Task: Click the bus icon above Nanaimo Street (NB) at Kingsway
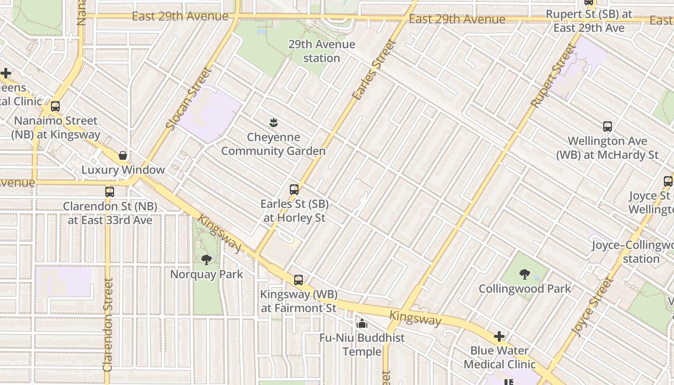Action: pos(55,106)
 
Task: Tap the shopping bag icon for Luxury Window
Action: pos(123,155)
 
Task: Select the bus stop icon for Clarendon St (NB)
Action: pos(110,192)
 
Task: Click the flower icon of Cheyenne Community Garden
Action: pos(273,123)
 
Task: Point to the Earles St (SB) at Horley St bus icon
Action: pos(294,190)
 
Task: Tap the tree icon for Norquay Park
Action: pos(207,260)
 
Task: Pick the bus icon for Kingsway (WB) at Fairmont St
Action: pos(298,280)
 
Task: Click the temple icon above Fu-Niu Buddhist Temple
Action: pos(362,324)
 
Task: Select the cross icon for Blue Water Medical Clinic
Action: pos(499,336)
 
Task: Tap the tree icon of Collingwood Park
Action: pos(525,274)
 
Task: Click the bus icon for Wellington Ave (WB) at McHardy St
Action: pos(608,127)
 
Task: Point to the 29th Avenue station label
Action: pos(322,51)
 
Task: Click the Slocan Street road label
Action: pos(189,98)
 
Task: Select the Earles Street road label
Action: pos(374,70)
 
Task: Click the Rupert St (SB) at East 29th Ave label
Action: pos(589,21)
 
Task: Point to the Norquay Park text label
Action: pos(207,274)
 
